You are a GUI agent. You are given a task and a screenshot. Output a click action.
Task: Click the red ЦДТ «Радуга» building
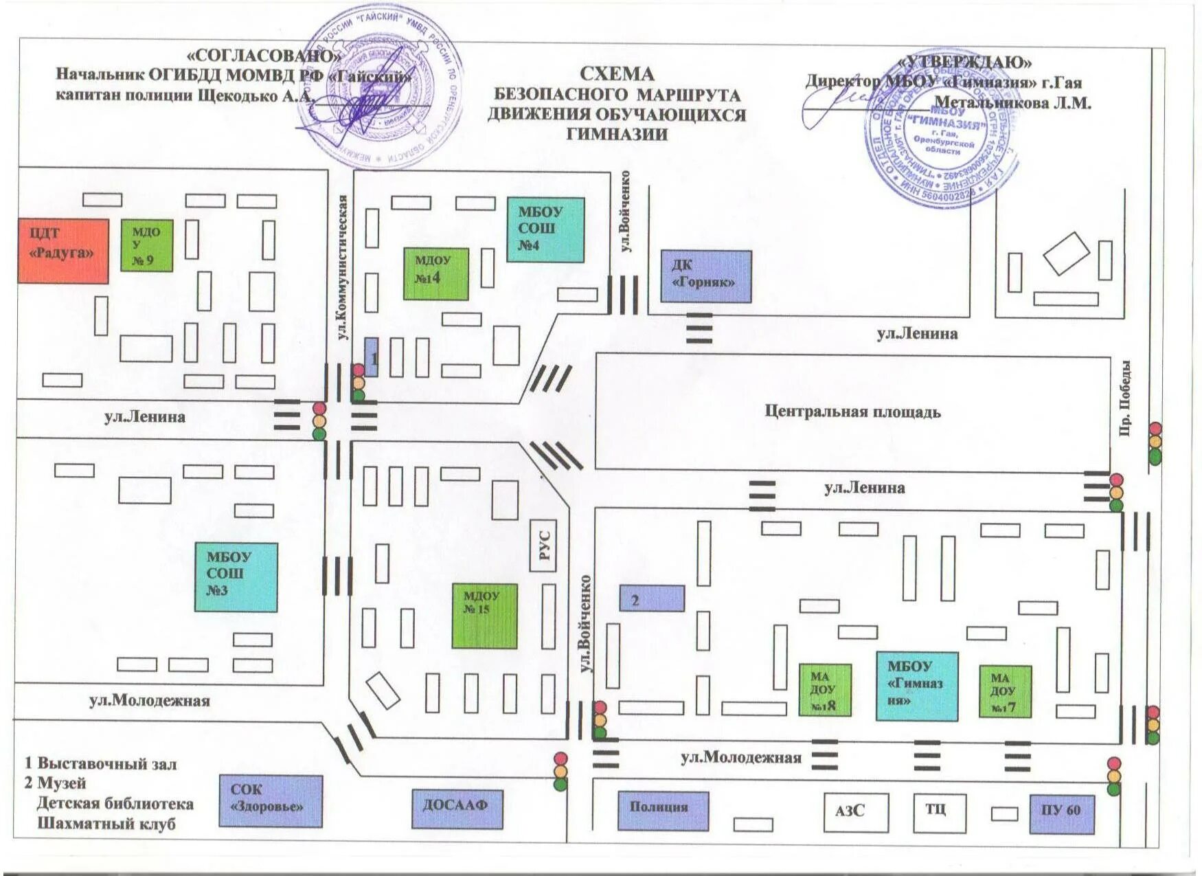tap(63, 251)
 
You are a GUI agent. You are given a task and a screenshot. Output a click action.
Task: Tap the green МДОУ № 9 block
tap(146, 245)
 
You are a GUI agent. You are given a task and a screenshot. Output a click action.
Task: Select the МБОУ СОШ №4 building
tap(545, 230)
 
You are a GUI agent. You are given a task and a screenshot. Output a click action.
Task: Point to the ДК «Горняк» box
tap(706, 276)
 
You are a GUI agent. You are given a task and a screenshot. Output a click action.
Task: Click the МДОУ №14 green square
tap(435, 273)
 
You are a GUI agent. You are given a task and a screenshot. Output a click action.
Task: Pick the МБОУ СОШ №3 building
tap(236, 577)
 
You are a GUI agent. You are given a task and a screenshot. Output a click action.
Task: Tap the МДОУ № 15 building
tap(484, 616)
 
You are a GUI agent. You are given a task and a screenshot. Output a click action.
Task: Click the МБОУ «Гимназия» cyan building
tap(916, 686)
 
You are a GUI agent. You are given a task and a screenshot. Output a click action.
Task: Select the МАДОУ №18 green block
tap(825, 689)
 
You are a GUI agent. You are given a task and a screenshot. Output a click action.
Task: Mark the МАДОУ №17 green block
tap(1005, 691)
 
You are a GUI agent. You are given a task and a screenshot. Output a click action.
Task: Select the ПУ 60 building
tap(1061, 813)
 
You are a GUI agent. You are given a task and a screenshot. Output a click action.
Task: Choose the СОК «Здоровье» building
tap(271, 800)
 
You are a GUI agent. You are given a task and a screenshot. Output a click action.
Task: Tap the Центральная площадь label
tap(852, 412)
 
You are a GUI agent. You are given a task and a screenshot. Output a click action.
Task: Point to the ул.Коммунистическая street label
tap(343, 267)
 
